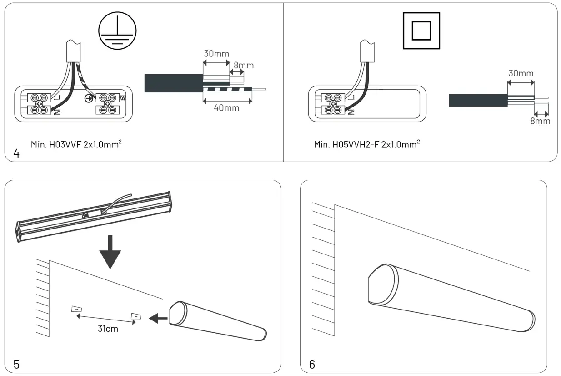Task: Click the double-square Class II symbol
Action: tap(421, 30)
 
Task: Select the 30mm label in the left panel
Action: tap(215, 54)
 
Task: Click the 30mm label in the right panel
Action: tap(521, 74)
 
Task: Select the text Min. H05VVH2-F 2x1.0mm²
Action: tap(366, 144)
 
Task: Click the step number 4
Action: tap(16, 153)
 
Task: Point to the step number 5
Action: tap(16, 364)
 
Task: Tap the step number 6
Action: tap(312, 364)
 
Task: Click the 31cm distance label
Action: tap(108, 329)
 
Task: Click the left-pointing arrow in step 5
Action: tap(158, 318)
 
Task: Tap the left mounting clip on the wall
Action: tap(76, 310)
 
